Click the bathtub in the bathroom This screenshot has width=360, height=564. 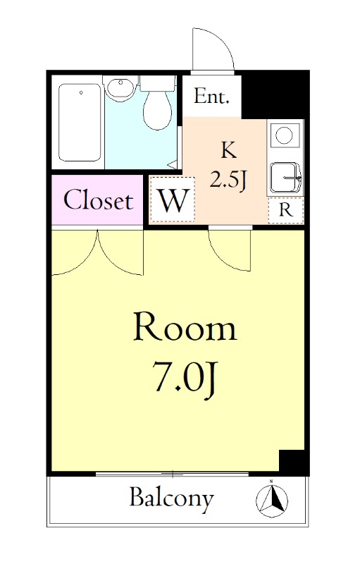coord(80,123)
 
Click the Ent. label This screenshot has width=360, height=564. coord(212,97)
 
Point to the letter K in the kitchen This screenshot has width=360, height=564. coord(228,149)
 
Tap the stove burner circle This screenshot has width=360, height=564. coord(285,134)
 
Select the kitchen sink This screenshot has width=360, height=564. coord(285,176)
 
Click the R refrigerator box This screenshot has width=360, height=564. coord(286,209)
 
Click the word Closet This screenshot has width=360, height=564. coord(98,201)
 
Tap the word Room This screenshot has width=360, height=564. coord(185,329)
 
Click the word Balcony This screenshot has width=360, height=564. coord(171,498)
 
